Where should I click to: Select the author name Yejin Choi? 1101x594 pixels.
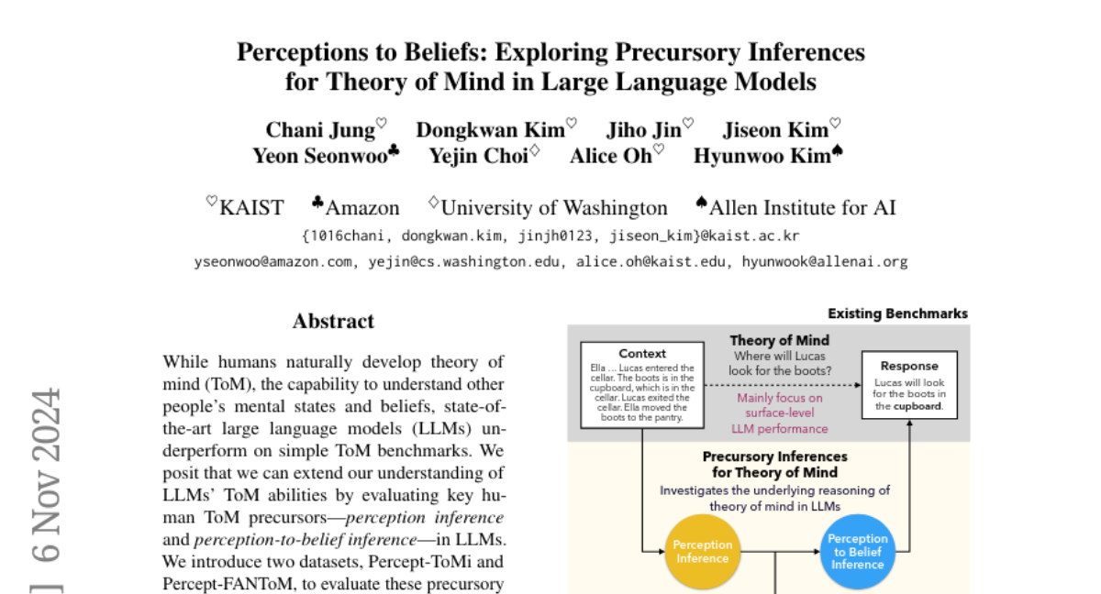point(478,156)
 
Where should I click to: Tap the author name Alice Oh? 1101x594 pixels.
point(610,156)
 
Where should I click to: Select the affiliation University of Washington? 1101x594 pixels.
point(554,208)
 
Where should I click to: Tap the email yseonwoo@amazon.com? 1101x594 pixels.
point(273,262)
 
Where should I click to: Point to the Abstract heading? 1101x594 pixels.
point(333,322)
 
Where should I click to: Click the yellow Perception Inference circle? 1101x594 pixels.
point(702,552)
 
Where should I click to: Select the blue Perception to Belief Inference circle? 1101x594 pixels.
point(857,552)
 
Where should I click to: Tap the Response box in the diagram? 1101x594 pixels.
point(908,386)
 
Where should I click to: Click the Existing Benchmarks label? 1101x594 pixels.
point(897,313)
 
